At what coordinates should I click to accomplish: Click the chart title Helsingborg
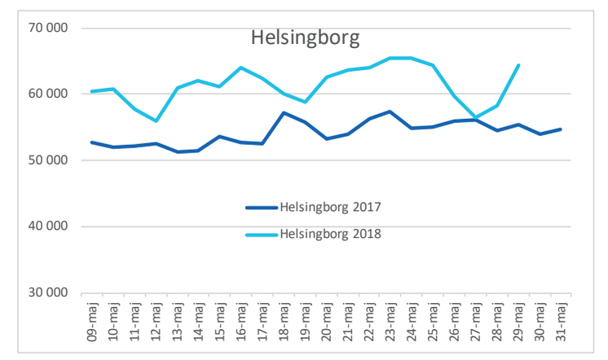[x=305, y=38]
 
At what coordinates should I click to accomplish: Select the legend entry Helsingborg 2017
[x=330, y=207]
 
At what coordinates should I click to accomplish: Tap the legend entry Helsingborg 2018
[x=330, y=235]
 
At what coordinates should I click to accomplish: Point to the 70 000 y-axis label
[x=51, y=29]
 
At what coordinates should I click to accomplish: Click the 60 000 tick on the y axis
[x=51, y=94]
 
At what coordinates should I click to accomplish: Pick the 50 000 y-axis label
[x=51, y=160]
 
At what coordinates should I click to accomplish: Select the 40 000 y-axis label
[x=51, y=227]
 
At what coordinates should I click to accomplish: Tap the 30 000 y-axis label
[x=51, y=293]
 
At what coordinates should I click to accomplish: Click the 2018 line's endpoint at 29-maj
[x=518, y=65]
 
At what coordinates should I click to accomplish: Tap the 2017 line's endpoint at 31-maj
[x=560, y=130]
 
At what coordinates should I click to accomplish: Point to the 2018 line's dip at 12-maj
[x=155, y=121]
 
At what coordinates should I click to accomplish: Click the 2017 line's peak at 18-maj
[x=283, y=112]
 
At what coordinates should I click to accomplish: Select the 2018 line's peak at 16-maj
[x=240, y=68]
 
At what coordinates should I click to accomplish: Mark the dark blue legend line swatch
[x=261, y=207]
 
